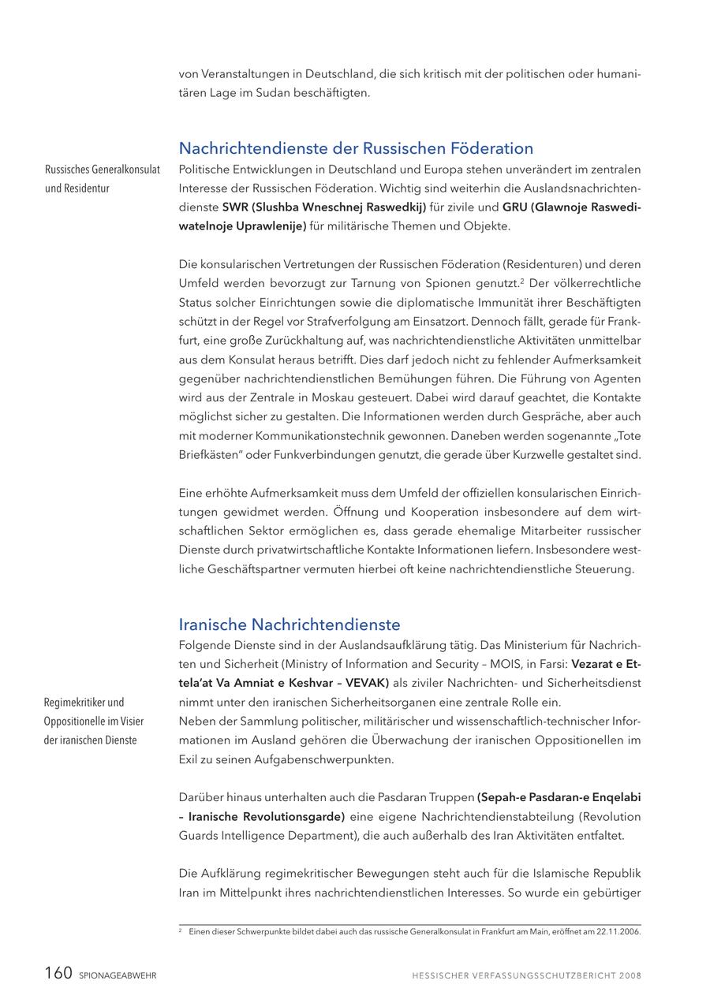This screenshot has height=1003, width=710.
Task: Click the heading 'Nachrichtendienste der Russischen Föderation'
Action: pos(356,148)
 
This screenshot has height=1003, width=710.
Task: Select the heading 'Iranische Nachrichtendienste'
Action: pos(289,625)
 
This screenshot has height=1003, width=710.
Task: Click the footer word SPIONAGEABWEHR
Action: pos(118,975)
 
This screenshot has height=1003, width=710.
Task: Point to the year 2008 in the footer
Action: pos(630,975)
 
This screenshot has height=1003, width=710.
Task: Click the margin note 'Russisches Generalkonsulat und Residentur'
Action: pos(103,179)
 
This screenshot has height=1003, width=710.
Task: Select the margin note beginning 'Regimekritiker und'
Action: pos(91,721)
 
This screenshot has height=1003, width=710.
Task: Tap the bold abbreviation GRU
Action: pos(517,207)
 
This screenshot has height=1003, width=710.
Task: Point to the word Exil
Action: pos(190,759)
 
